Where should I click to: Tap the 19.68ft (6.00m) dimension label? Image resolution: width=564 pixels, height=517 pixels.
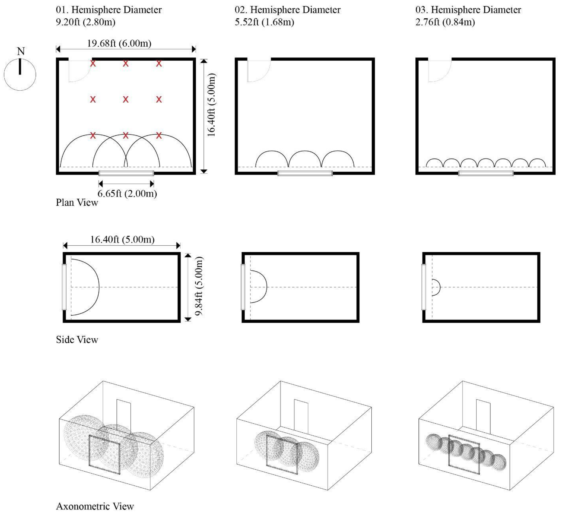pyautogui.click(x=119, y=43)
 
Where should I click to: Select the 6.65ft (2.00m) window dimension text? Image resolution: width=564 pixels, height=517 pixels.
pyautogui.click(x=127, y=193)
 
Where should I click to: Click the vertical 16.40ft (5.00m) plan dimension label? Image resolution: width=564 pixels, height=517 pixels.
pyautogui.click(x=212, y=105)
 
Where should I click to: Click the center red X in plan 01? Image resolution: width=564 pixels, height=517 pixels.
pyautogui.click(x=126, y=99)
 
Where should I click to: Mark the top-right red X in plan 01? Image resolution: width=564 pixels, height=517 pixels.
pyautogui.click(x=159, y=64)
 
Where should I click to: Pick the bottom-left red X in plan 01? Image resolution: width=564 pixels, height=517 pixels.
pyautogui.click(x=93, y=136)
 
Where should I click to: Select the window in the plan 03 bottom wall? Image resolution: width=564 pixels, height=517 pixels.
pyautogui.click(x=486, y=173)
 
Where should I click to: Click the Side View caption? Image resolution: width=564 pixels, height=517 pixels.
pyautogui.click(x=77, y=340)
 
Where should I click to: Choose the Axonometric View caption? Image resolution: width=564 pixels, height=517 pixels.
pyautogui.click(x=95, y=506)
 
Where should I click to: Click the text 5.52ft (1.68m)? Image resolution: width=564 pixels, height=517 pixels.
pyautogui.click(x=264, y=22)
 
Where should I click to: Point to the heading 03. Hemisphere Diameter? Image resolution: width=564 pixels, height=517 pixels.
pyautogui.click(x=468, y=10)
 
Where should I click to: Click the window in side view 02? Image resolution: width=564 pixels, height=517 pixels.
pyautogui.click(x=243, y=287)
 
